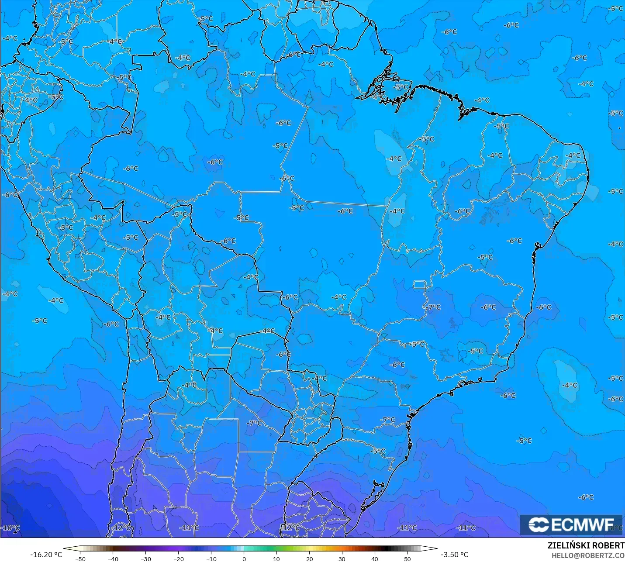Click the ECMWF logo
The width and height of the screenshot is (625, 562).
pyautogui.click(x=571, y=524)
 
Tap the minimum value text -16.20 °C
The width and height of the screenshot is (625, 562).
pyautogui.click(x=46, y=555)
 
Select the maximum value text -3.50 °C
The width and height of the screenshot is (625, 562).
pyautogui.click(x=454, y=555)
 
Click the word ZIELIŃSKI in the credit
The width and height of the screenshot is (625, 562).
pyautogui.click(x=566, y=546)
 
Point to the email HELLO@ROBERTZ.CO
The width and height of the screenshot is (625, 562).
pyautogui.click(x=588, y=555)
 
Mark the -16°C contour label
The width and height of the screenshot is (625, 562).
pyautogui.click(x=10, y=528)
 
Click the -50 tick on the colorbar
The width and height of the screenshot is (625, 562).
pyautogui.click(x=80, y=559)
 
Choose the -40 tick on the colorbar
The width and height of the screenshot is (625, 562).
pyautogui.click(x=113, y=559)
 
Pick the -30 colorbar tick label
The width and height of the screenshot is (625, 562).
pyautogui.click(x=146, y=559)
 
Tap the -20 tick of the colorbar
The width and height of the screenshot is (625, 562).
pyautogui.click(x=178, y=559)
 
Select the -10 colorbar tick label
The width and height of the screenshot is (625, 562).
pyautogui.click(x=211, y=559)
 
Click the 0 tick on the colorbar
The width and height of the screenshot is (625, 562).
pyautogui.click(x=244, y=559)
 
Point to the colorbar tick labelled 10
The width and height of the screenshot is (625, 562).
pyautogui.click(x=276, y=559)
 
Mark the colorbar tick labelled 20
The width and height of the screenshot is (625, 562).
pyautogui.click(x=309, y=559)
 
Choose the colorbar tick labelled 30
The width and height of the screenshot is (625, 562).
pyautogui.click(x=342, y=559)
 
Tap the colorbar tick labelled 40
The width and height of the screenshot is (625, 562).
pyautogui.click(x=375, y=559)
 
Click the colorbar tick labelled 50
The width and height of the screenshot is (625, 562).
pyautogui.click(x=407, y=559)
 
